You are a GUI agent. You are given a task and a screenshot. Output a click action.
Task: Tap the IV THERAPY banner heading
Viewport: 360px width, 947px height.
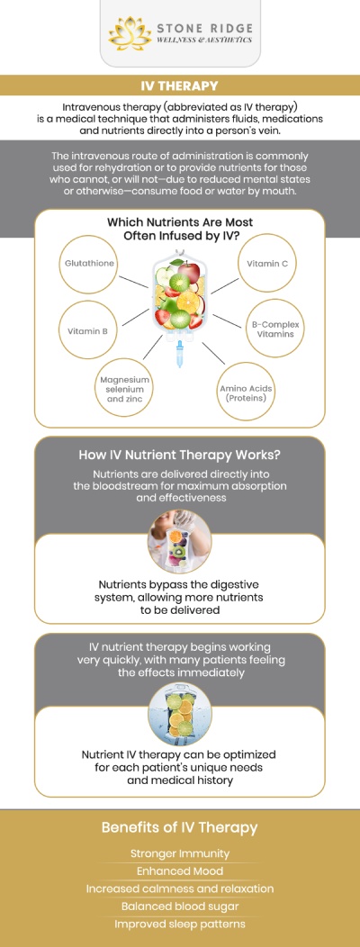point(179,86)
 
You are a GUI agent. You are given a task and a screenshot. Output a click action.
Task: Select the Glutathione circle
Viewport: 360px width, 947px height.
point(89,264)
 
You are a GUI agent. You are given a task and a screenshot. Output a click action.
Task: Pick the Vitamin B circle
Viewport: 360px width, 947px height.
point(87,330)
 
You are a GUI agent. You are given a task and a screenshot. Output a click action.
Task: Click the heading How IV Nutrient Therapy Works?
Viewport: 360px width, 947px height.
point(179,455)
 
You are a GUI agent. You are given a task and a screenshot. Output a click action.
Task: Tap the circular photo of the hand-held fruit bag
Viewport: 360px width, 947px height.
point(179,542)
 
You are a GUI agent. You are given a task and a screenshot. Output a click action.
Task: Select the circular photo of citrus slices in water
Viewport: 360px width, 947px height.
point(179,715)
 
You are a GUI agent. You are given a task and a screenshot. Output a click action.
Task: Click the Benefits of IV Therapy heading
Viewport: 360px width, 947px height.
point(179,826)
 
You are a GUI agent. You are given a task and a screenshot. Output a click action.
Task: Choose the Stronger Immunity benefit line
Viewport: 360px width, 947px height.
point(180,853)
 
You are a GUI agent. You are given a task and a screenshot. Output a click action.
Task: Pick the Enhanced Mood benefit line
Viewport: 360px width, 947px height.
point(180,870)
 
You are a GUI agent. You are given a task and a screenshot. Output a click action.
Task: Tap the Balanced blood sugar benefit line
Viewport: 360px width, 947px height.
point(180,906)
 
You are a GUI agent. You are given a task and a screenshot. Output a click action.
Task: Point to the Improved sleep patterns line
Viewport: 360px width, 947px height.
point(180,924)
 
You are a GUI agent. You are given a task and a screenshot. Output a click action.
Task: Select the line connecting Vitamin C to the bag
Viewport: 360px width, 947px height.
point(224,285)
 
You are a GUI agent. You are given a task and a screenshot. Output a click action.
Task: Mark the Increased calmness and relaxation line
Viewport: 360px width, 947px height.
point(180,888)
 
